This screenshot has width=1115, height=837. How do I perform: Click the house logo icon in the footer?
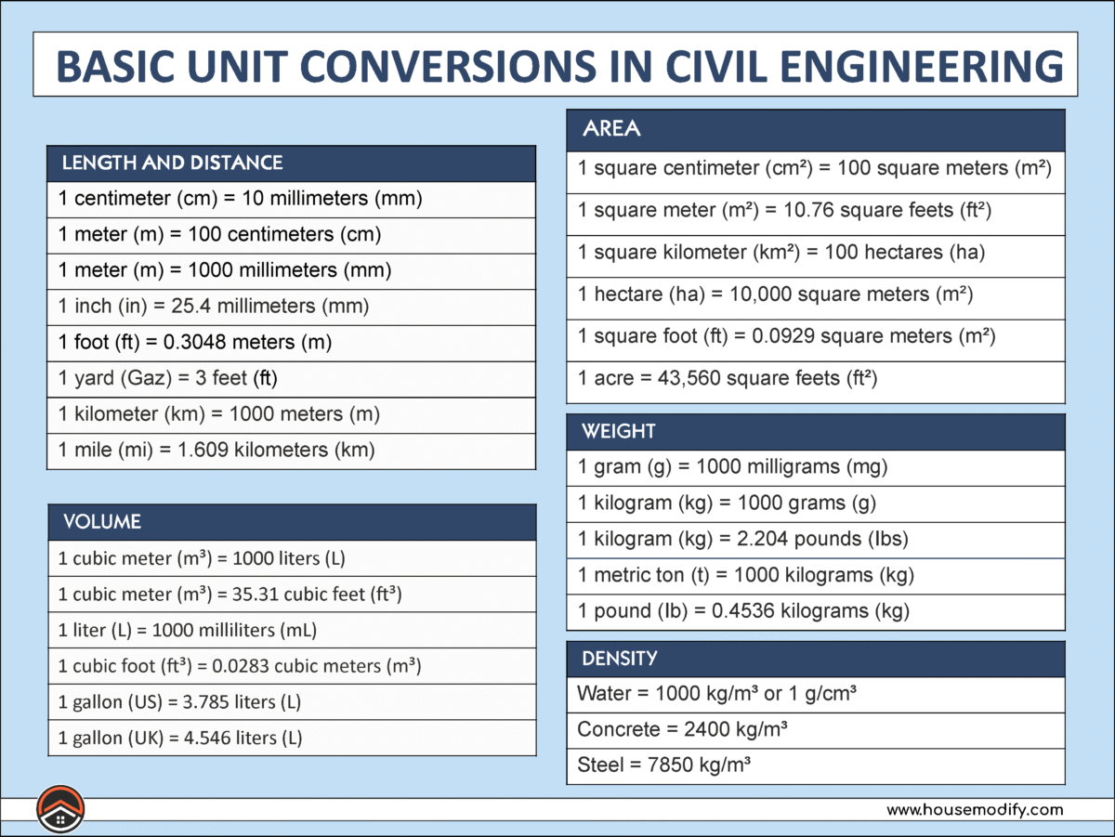[60, 809]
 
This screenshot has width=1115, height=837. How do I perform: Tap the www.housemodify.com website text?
[974, 810]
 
